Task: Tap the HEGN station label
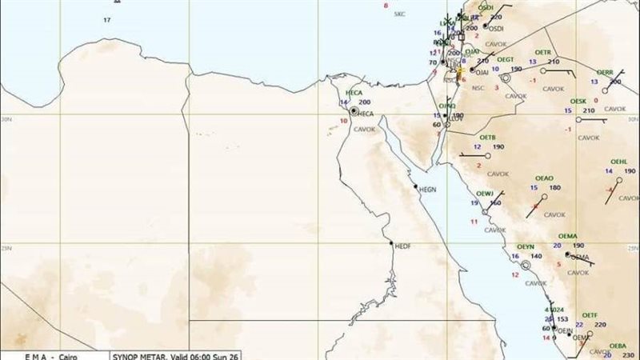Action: [429, 190]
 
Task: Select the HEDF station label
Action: [402, 246]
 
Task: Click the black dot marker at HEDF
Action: [391, 243]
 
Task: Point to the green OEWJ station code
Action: [485, 194]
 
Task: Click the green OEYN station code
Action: [526, 246]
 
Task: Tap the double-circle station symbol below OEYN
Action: [526, 265]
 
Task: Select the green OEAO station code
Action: [545, 178]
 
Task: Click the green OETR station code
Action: [543, 52]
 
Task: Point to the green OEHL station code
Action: [619, 161]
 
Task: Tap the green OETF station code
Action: [590, 314]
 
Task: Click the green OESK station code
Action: [578, 102]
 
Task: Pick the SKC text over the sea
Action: [400, 14]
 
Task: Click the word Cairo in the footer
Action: [72, 355]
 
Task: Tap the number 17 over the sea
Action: [106, 19]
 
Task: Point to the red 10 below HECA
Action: [344, 121]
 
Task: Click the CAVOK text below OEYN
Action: [535, 282]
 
